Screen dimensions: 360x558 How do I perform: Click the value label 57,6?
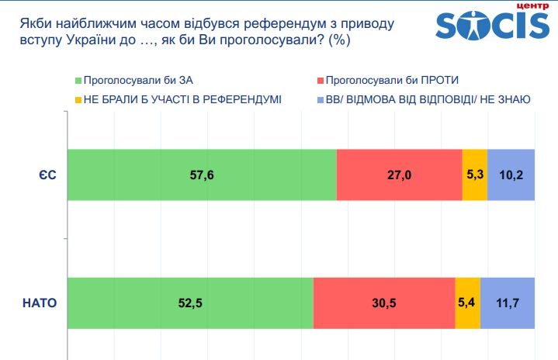[x=202, y=175]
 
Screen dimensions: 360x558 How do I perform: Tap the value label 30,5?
[x=383, y=303]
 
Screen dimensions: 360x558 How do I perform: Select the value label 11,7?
[x=508, y=303]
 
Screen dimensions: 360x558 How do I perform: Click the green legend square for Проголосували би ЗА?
[x=78, y=81]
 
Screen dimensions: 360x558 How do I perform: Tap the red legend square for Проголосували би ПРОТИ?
[x=319, y=81]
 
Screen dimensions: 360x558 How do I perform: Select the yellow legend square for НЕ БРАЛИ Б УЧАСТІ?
[x=78, y=99]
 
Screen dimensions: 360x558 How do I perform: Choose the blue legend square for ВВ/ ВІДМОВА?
[x=319, y=99]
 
